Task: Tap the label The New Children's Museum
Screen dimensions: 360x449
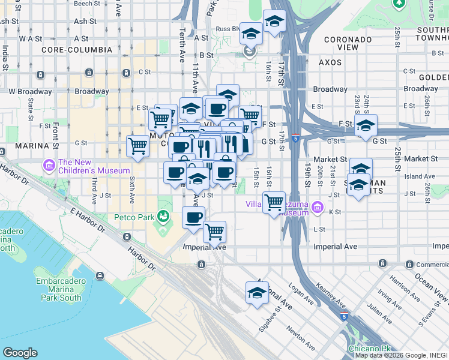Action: pos(94,166)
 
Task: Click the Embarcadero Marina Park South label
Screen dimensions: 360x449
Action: pos(58,289)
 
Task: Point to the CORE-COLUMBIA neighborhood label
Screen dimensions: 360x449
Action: pos(77,49)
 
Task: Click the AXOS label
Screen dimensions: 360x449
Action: pos(330,62)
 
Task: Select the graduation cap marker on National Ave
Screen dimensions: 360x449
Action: pos(257,293)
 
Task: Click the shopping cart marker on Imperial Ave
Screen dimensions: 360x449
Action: pos(214,231)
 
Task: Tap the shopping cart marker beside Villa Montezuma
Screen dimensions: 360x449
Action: pos(274,202)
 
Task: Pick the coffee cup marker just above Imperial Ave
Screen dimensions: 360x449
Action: pos(193,217)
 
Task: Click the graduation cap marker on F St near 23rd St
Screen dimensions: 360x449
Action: pos(365,125)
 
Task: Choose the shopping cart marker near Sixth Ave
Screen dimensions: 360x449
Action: pos(138,145)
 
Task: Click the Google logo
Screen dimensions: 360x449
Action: pos(20,353)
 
